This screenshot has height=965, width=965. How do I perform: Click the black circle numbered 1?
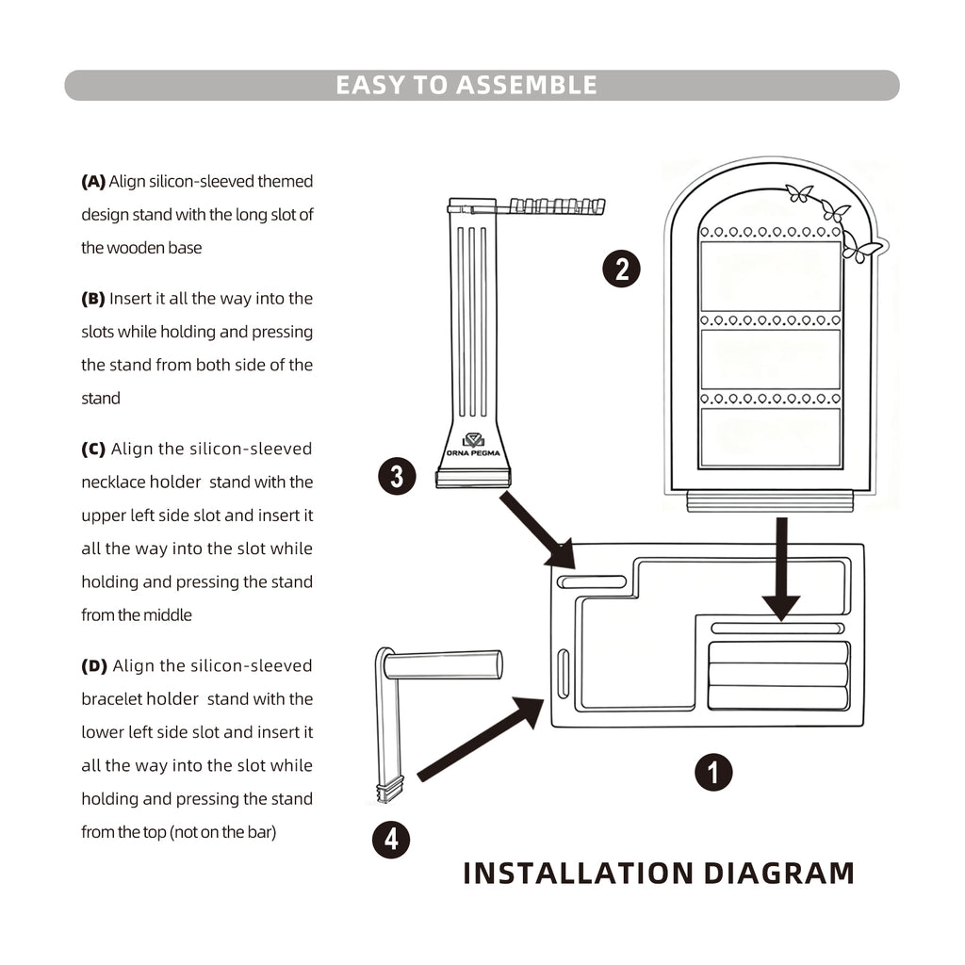point(713,773)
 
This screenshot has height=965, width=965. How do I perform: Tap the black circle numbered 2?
point(621,270)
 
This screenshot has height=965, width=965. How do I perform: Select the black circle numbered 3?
point(397,476)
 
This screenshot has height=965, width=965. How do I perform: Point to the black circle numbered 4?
point(391,839)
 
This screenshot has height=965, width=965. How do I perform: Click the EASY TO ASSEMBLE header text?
point(466,85)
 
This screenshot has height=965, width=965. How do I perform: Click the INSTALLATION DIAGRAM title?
point(659,874)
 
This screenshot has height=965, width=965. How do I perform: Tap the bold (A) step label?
point(93,181)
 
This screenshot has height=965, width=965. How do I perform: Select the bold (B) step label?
point(93,299)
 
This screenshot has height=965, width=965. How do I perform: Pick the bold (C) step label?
point(93,449)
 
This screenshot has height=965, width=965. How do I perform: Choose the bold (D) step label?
point(94,666)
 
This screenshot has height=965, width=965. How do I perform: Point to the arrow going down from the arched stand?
point(781,569)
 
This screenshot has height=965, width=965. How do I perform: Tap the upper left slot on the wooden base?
point(592,581)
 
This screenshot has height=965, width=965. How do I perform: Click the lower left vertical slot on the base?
point(564,674)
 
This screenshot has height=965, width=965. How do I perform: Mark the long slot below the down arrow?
point(777,628)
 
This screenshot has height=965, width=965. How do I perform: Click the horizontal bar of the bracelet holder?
point(443,664)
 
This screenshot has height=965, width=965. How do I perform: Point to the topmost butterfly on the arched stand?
point(800,193)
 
